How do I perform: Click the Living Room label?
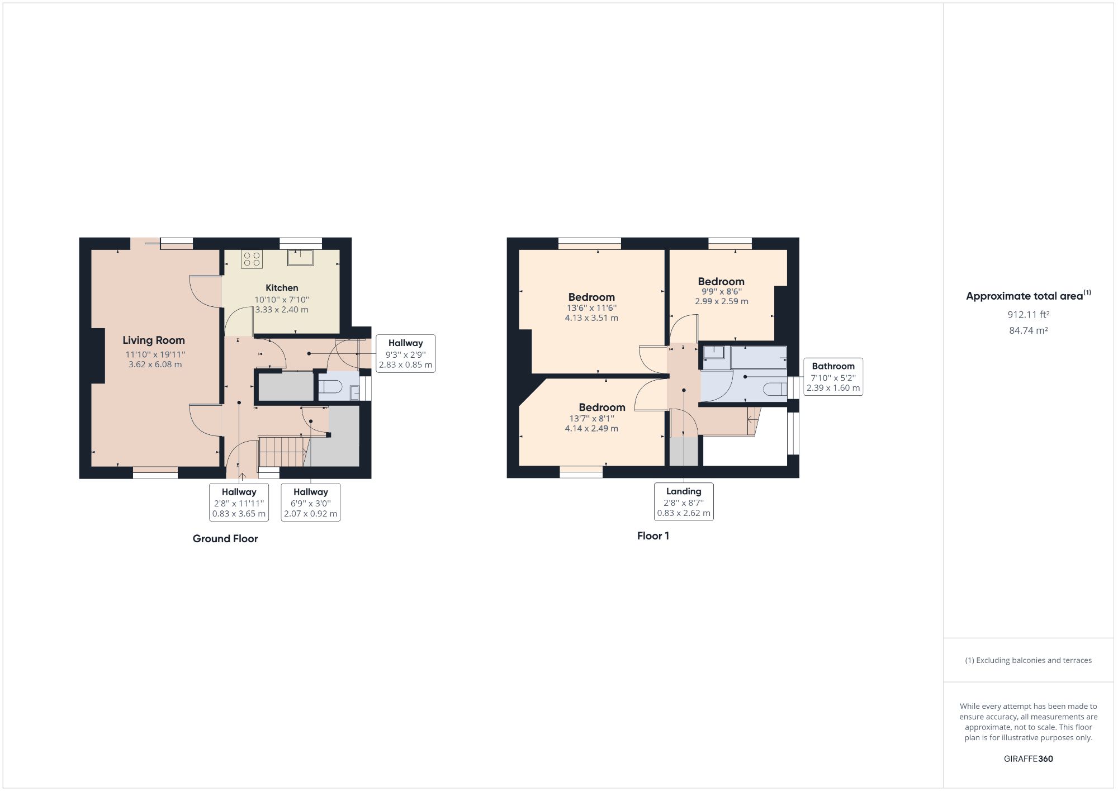click(x=154, y=340)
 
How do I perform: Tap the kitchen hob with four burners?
click(x=252, y=259)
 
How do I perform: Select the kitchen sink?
click(x=301, y=258)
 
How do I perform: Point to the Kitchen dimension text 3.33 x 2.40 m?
click(x=282, y=310)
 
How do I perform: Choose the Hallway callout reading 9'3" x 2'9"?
click(x=405, y=354)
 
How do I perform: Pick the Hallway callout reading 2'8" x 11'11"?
click(x=239, y=503)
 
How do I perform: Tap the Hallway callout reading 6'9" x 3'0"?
click(x=310, y=503)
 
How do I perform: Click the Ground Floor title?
click(x=225, y=539)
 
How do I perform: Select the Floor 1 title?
click(x=653, y=536)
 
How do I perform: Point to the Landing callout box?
click(x=684, y=502)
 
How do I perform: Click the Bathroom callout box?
click(x=833, y=377)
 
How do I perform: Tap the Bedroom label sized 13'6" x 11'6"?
click(x=591, y=297)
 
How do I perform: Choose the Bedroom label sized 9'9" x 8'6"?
click(x=721, y=282)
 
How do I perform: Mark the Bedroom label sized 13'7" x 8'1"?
click(x=601, y=408)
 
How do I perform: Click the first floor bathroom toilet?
click(x=776, y=390)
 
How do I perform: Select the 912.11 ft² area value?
click(x=1028, y=315)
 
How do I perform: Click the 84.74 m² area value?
click(x=1028, y=330)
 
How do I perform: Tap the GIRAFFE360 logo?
click(x=1028, y=759)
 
